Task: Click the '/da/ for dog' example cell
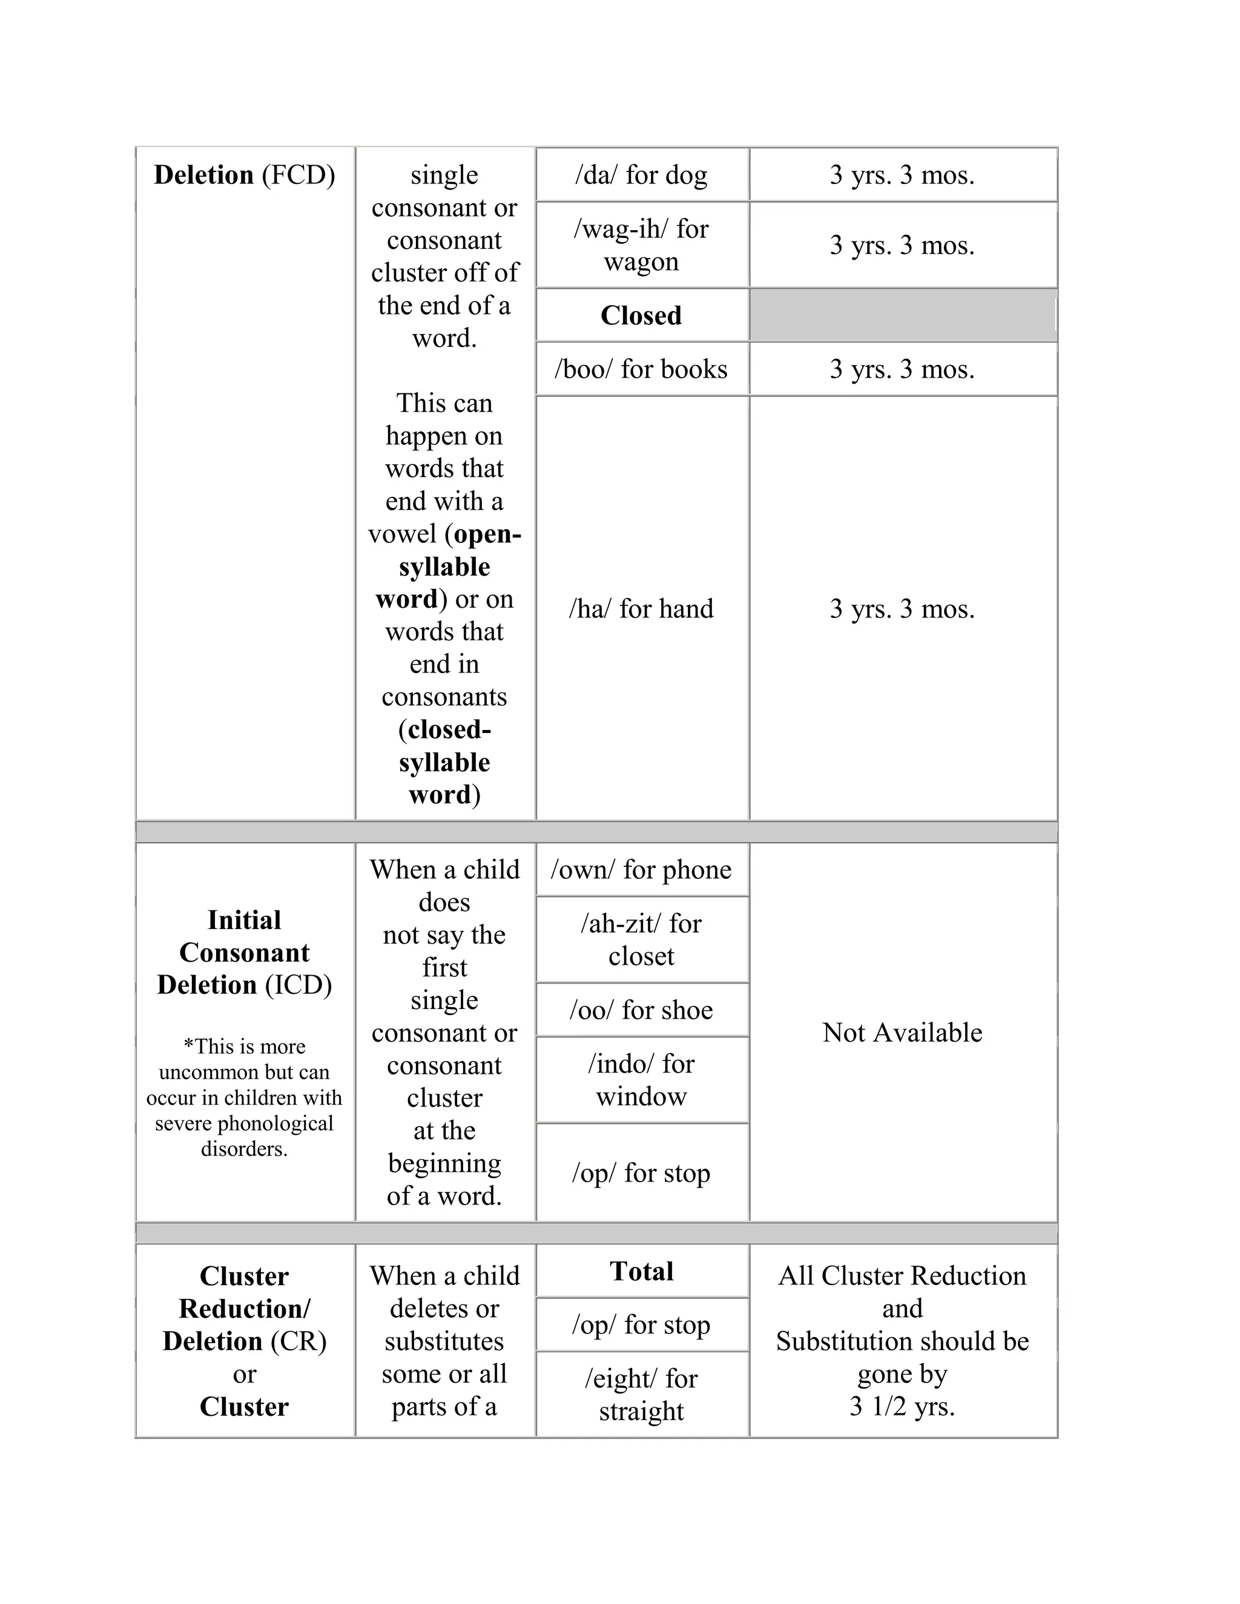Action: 641,175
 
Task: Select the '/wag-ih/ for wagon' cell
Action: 641,245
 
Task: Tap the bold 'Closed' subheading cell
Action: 641,315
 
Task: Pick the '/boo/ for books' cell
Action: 641,369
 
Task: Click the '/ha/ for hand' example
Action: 641,609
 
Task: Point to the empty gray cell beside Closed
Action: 902,315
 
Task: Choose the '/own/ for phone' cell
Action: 641,870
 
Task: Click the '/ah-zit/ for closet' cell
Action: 641,939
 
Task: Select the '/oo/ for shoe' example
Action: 641,1010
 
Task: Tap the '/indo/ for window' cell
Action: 641,1080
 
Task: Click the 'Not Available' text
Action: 902,1033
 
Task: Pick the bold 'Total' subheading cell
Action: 641,1271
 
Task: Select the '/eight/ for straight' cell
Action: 641,1395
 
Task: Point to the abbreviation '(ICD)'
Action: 298,985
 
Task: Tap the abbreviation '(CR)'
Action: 298,1341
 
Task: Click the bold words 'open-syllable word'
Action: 445,567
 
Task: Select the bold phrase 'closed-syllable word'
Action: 445,762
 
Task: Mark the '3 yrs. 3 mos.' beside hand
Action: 902,609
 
